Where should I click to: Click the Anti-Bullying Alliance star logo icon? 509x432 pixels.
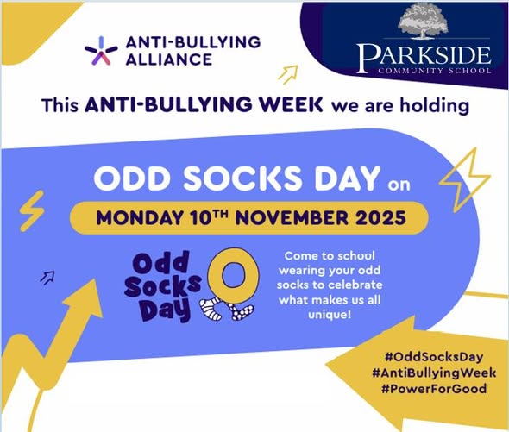pos(101,52)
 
